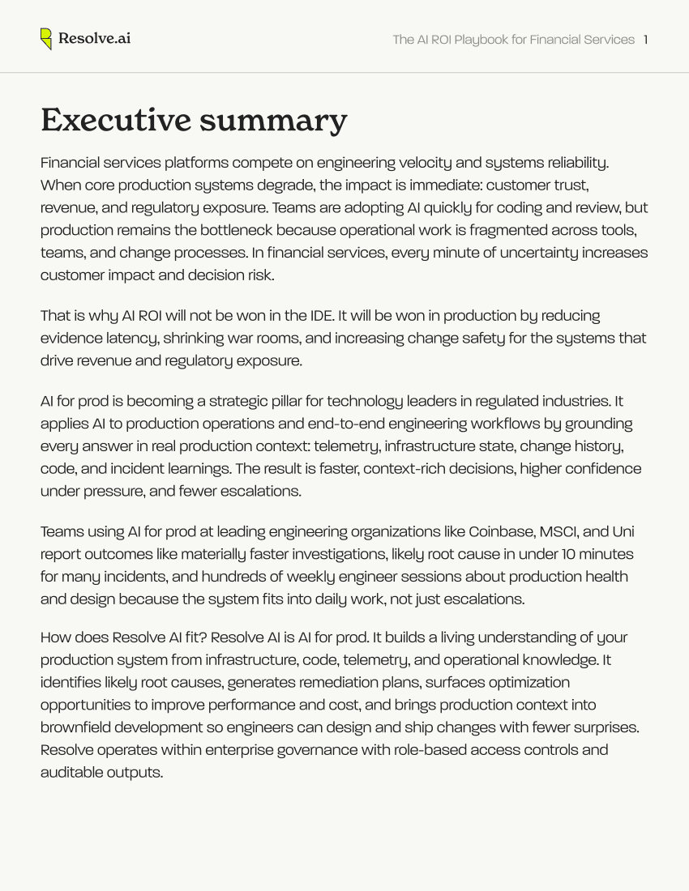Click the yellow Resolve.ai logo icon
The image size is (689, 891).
click(46, 39)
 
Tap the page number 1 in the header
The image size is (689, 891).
click(645, 40)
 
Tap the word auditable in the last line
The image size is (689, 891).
click(71, 772)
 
